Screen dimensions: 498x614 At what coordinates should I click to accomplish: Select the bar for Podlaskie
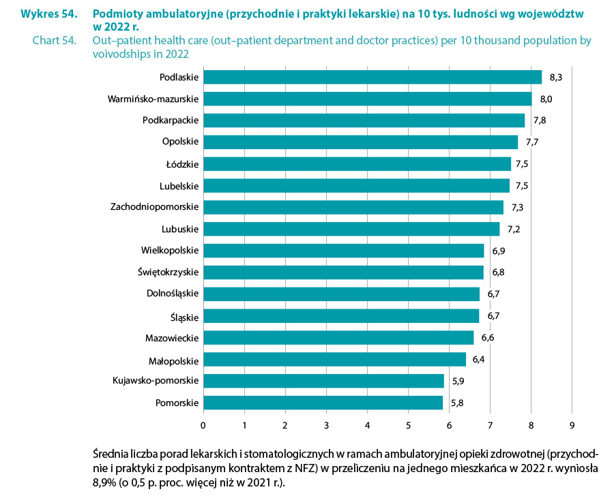point(372,77)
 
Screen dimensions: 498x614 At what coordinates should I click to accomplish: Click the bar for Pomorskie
point(323,403)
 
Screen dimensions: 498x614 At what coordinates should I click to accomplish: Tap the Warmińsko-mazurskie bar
point(367,99)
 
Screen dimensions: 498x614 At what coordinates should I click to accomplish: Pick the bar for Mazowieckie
point(338,338)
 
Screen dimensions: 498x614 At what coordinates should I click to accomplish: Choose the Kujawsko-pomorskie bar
point(323,381)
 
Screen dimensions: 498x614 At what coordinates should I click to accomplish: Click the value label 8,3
point(555,77)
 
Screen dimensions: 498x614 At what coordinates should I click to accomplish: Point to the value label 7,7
point(532,142)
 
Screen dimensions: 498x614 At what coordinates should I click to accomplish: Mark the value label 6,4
point(480,360)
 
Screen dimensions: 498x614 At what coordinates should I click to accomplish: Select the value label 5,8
point(457,403)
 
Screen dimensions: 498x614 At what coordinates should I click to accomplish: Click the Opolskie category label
point(180,142)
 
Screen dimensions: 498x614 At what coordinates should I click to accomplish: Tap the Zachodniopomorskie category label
point(154,207)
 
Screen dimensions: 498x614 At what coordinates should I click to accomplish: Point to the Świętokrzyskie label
point(168,273)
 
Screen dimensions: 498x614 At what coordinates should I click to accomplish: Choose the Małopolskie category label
point(174,359)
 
